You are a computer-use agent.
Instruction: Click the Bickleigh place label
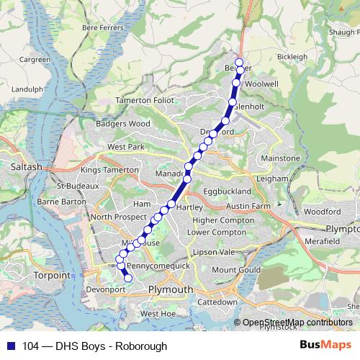click(x=292, y=57)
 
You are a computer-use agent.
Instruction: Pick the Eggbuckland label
click(x=228, y=191)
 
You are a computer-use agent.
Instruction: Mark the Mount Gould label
click(x=235, y=269)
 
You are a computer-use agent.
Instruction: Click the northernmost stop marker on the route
click(x=240, y=63)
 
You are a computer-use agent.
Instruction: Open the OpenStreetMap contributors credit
click(x=297, y=323)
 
